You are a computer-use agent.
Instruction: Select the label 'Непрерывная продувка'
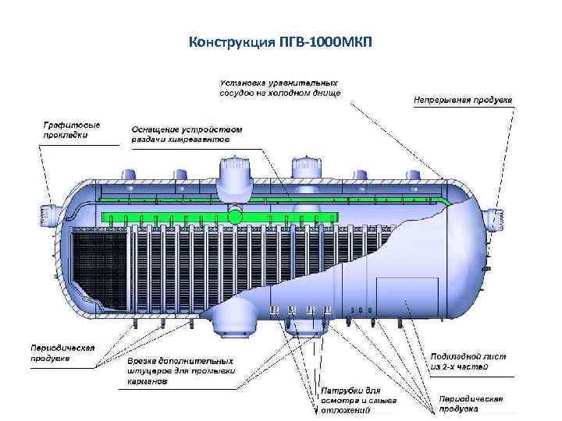[x=461, y=100]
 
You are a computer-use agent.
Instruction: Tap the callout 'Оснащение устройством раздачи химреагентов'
[x=181, y=134]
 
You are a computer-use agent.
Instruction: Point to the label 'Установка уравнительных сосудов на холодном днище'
[x=279, y=87]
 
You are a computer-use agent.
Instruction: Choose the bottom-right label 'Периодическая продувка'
[x=470, y=403]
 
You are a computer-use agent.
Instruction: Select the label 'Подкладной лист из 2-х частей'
[x=469, y=361]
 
